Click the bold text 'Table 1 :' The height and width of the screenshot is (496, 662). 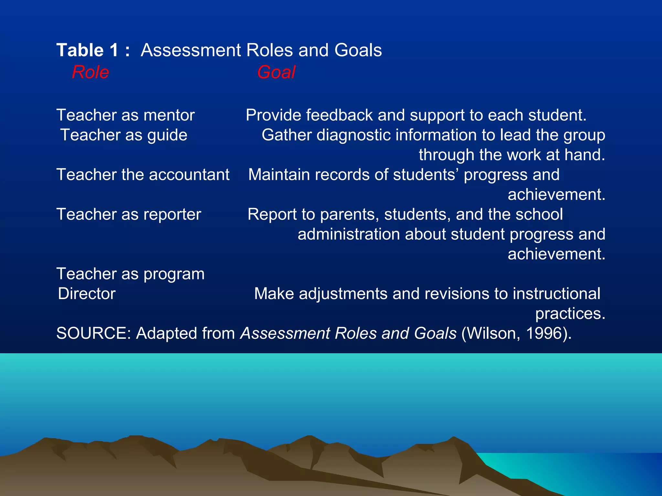point(93,50)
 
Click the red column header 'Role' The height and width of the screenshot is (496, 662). point(91,72)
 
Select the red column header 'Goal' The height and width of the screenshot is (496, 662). point(276,72)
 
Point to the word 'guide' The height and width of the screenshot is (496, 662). point(167,135)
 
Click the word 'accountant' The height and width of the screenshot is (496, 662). point(189,175)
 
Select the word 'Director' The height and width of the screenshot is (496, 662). point(87,294)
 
